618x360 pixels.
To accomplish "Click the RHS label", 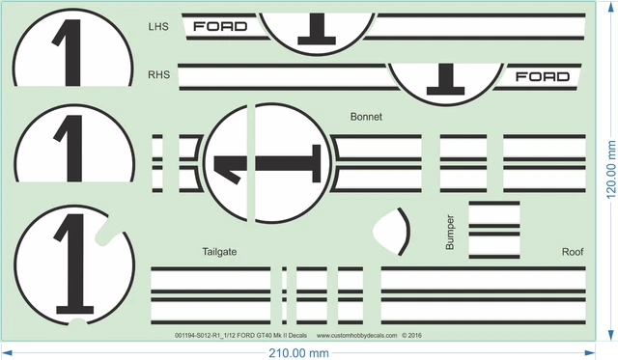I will click(x=159, y=74).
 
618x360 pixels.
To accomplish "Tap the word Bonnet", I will click(x=368, y=117).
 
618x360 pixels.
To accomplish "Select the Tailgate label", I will click(x=220, y=252).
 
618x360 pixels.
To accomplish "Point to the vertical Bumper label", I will click(x=450, y=233).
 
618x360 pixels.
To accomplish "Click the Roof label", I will click(x=573, y=252).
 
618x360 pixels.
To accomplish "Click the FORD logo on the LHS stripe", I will click(x=220, y=26).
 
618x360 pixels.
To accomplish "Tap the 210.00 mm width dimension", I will click(x=298, y=353).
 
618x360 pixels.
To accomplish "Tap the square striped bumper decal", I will click(x=494, y=231).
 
